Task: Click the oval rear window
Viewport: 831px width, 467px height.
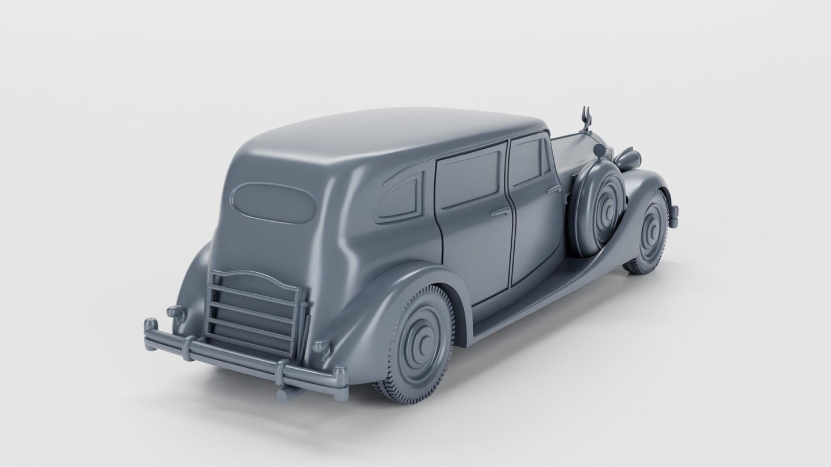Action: click(x=274, y=203)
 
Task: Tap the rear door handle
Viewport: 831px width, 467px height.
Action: click(x=500, y=212)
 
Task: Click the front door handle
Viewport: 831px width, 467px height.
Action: click(x=554, y=188)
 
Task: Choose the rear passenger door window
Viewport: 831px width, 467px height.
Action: click(x=467, y=177)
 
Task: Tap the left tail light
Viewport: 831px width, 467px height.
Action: click(x=175, y=312)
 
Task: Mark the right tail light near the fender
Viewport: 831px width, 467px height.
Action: click(x=320, y=348)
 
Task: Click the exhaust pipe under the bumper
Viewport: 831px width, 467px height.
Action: click(x=288, y=393)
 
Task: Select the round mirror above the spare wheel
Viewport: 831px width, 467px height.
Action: click(x=601, y=150)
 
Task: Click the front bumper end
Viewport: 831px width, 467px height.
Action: click(x=673, y=216)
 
